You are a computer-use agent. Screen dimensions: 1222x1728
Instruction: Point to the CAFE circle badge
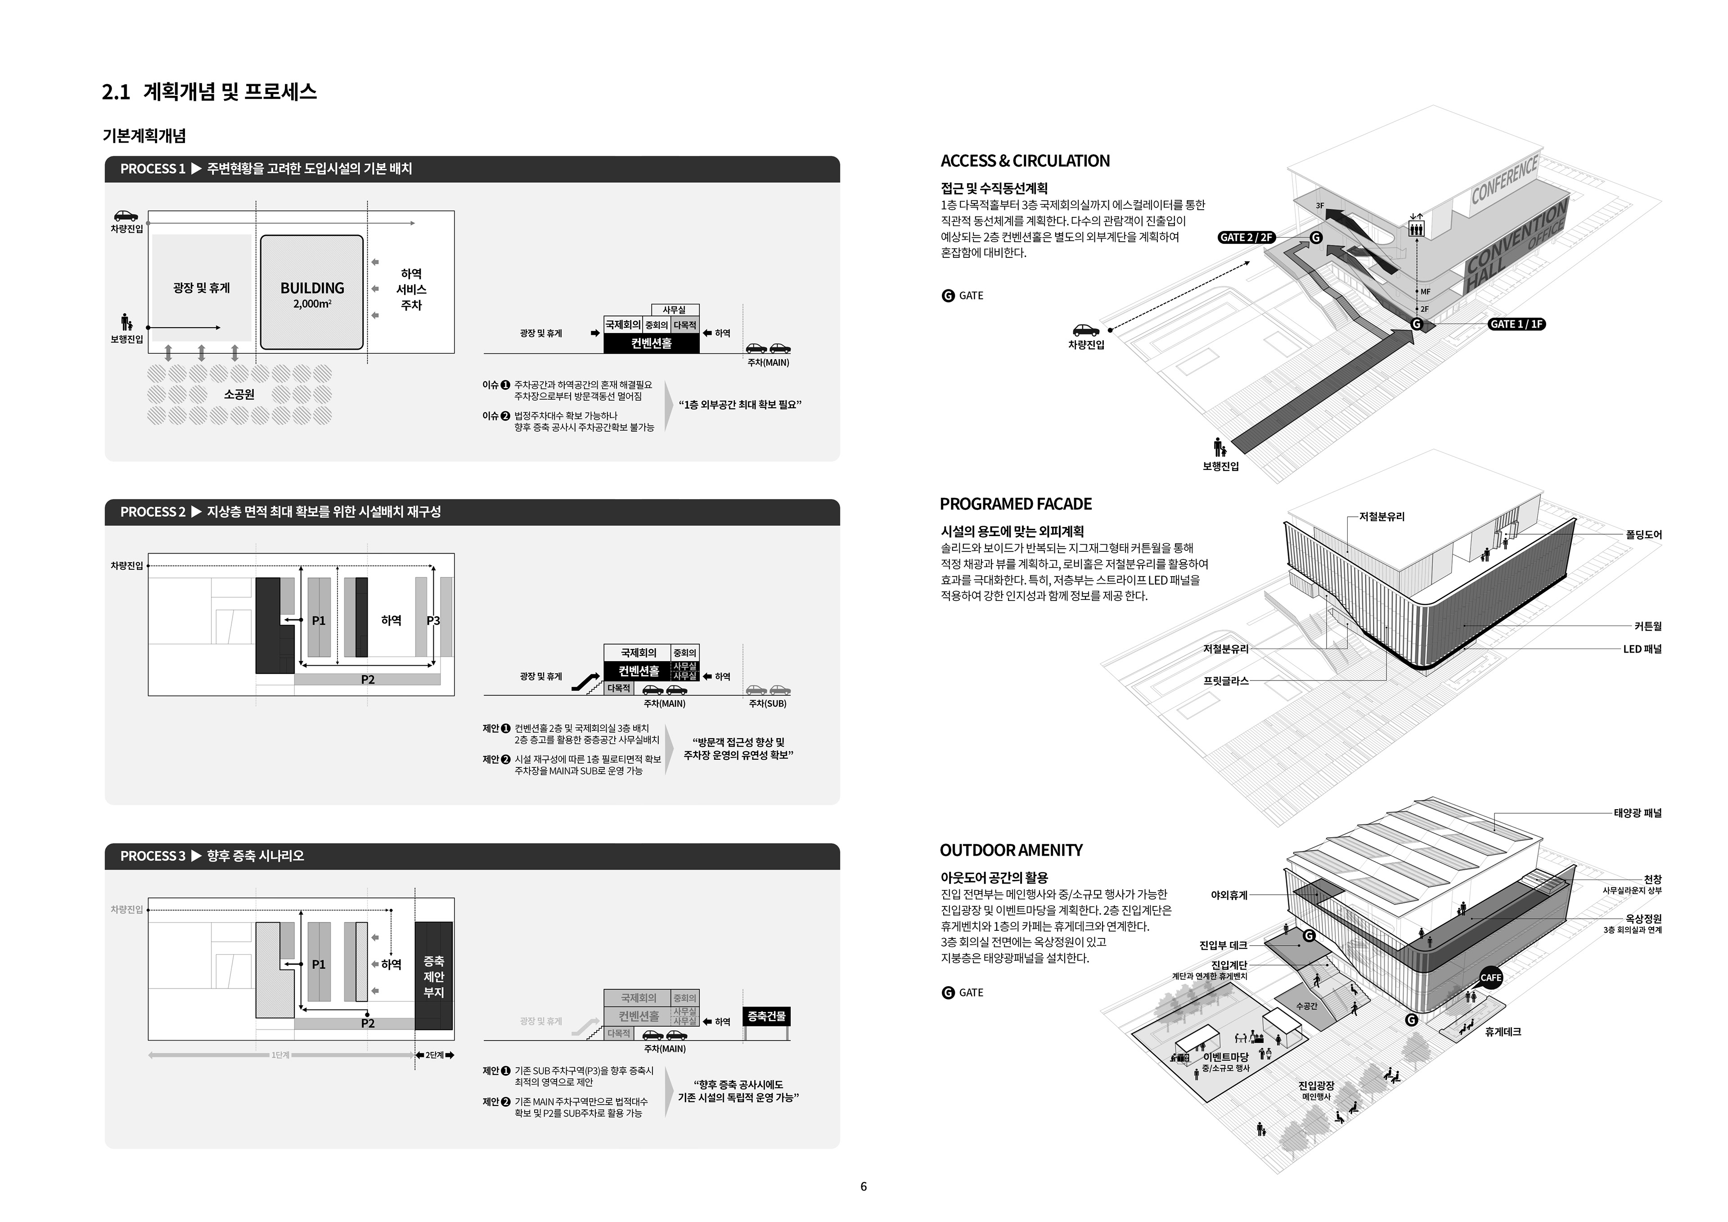pos(1490,977)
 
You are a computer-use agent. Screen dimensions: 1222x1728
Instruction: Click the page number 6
pos(863,1186)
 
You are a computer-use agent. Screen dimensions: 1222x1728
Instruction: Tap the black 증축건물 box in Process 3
pos(766,1016)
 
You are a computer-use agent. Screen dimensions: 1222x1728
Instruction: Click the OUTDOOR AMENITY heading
pos(1011,851)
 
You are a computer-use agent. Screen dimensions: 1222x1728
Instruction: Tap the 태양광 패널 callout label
pos(1637,813)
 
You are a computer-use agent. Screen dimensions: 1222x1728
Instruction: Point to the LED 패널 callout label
pos(1642,649)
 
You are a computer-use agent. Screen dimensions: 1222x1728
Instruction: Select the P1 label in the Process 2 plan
pos(318,620)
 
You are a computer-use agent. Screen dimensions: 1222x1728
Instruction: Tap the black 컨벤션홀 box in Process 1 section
pos(651,343)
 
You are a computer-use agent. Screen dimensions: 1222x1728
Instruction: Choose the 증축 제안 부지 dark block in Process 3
pos(433,976)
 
